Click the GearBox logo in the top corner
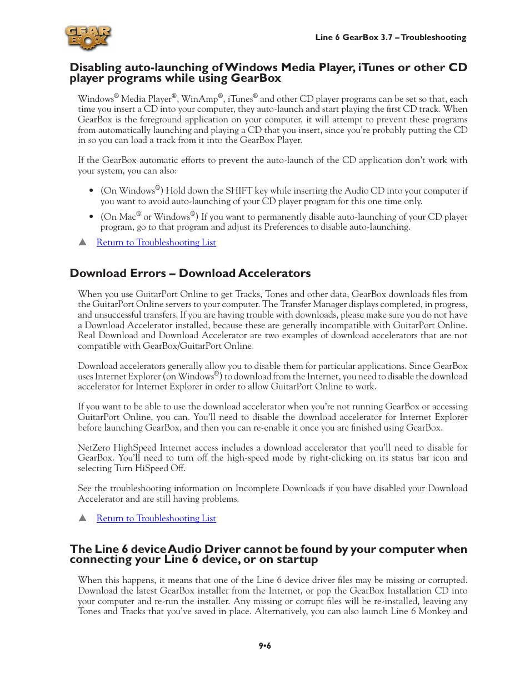click(x=88, y=38)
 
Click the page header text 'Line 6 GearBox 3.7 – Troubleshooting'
click(x=391, y=37)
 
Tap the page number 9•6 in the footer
click(x=264, y=646)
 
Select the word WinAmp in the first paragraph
click(x=199, y=99)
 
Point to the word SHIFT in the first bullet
click(x=238, y=191)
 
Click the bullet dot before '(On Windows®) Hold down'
click(x=91, y=191)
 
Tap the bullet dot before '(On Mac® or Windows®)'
click(x=91, y=217)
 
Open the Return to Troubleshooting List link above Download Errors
click(x=156, y=243)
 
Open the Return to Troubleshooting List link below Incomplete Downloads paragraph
click(x=156, y=518)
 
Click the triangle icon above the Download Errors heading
click(x=83, y=242)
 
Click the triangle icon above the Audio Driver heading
click(x=83, y=518)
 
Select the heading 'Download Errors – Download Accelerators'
click(x=190, y=273)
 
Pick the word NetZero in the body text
click(x=94, y=448)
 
